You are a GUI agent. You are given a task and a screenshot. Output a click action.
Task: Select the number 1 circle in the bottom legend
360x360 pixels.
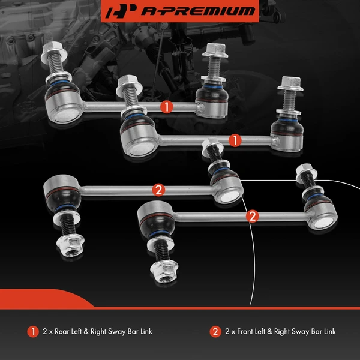click(x=32, y=331)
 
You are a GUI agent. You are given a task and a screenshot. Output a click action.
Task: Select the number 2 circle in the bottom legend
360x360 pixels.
click(x=215, y=331)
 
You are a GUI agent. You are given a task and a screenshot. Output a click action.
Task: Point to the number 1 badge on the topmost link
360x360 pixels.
click(x=167, y=107)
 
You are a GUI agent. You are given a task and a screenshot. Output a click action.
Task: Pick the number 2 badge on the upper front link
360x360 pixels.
click(x=159, y=190)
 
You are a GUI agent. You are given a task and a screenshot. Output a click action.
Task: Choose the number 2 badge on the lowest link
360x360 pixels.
click(x=252, y=214)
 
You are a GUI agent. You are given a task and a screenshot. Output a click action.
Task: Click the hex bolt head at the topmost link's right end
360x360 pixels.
click(x=214, y=52)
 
